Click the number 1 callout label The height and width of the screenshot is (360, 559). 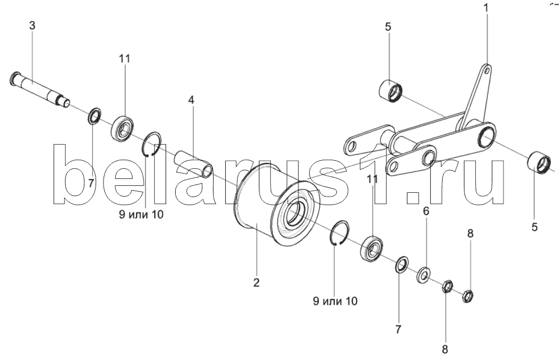coord(486,8)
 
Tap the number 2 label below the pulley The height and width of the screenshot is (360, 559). coord(256,283)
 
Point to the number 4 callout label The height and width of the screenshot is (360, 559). coord(191,99)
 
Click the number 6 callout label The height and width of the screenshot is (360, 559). coord(426,212)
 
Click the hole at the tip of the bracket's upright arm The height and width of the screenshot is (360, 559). coord(486,69)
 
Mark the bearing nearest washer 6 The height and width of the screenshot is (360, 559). coord(372,248)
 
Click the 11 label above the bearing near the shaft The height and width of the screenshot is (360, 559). coord(124,59)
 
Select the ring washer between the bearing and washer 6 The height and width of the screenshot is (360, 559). coord(401,263)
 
